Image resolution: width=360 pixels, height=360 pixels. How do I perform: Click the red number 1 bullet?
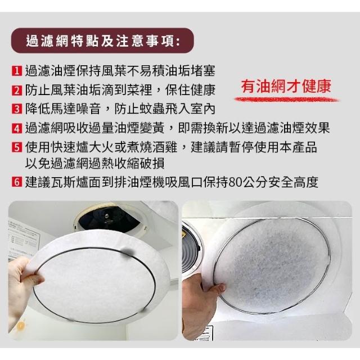17,71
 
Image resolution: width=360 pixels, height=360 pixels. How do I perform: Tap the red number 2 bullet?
17,90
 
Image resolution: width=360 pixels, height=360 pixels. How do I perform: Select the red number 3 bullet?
17,109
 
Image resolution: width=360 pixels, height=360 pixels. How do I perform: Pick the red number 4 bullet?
17,128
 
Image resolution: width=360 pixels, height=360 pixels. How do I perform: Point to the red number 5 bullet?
17,147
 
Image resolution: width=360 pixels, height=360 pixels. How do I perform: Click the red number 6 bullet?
17,182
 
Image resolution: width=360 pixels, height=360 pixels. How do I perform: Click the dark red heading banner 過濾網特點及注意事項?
102,41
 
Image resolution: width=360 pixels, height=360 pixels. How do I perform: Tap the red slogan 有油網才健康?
286,87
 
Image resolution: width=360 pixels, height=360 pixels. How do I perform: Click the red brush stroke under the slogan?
286,100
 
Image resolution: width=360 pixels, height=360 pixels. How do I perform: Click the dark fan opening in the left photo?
108,219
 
